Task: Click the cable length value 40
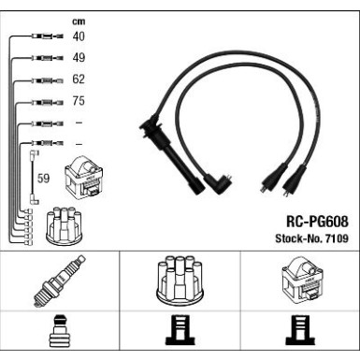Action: (79, 36)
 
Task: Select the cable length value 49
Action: (79, 58)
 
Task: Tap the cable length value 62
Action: (79, 79)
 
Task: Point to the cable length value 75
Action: (79, 101)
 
